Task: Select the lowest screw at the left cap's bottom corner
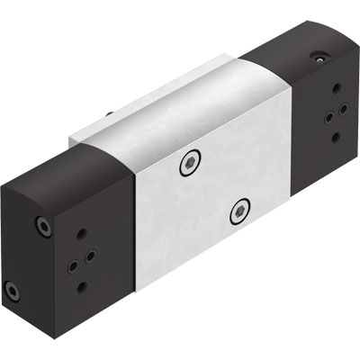point(13,291)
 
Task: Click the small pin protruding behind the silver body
point(109,114)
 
